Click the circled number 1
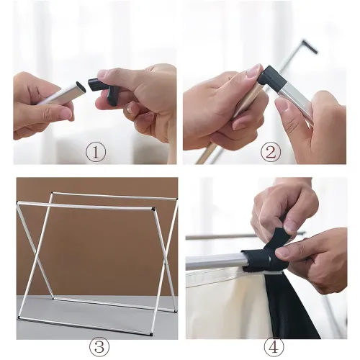96,152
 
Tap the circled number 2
271,152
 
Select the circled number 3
99,347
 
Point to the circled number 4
274,347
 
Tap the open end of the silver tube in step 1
81,88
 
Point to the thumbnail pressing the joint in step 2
254,72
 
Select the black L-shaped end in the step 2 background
310,47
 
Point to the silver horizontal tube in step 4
215,261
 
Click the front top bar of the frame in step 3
85,207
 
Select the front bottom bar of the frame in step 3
85,325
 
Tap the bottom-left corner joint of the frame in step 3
19,318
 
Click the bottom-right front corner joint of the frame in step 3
150,333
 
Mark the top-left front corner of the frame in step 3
18,203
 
